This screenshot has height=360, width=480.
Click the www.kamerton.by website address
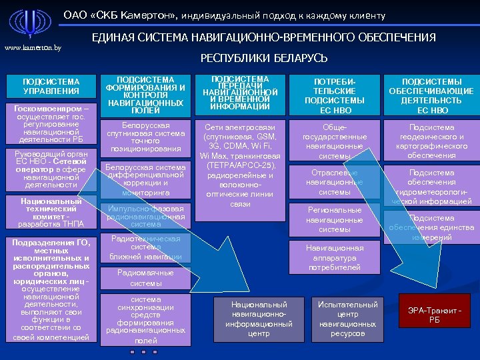33,47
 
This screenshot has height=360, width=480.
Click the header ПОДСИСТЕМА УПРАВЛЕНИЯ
51,86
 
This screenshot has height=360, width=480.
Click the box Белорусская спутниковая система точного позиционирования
146,137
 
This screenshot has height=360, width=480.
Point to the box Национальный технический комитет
51,212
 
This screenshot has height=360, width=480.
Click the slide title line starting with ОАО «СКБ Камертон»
225,15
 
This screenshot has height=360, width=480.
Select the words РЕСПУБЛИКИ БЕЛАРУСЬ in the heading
264,59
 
